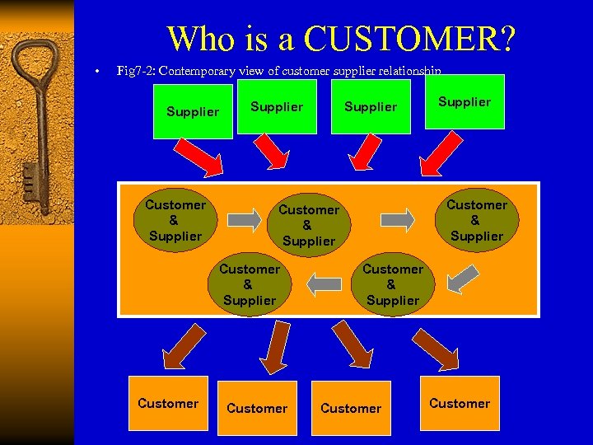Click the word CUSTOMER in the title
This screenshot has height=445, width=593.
pos(410,38)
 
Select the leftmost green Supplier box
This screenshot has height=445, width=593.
pos(193,111)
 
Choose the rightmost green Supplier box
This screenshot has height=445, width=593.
pos(465,102)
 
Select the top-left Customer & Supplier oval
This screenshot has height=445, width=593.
pos(175,220)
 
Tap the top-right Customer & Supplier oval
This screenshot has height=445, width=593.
pos(476,220)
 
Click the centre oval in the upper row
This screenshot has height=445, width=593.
pos(308,225)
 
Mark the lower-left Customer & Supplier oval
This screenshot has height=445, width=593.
pos(249,284)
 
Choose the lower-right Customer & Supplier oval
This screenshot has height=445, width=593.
pos(392,284)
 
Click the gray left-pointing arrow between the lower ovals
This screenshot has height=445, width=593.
pos(323,284)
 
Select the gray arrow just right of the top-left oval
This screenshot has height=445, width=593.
pos(243,219)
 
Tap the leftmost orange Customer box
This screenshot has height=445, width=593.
pos(168,403)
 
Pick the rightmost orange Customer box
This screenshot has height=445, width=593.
pos(460,403)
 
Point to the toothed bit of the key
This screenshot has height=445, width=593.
pos(30,176)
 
